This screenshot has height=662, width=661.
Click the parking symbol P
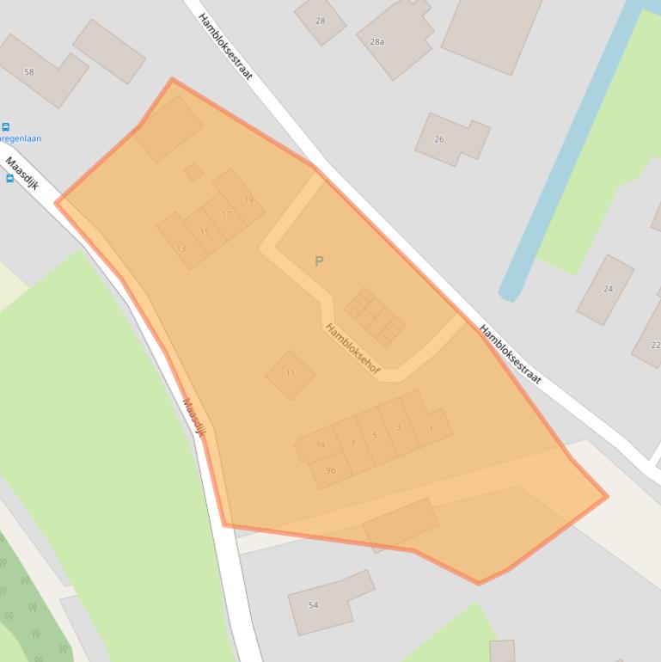coord(319,261)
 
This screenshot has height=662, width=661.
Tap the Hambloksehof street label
coord(352,348)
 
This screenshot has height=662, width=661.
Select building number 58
coord(29,72)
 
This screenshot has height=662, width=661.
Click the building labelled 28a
coord(376,41)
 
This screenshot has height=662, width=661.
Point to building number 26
coord(439,139)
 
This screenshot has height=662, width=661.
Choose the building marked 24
coord(608,289)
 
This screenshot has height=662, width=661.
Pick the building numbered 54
coord(313,605)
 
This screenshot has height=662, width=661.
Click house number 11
coord(290,373)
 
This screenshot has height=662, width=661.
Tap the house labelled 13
coord(181,248)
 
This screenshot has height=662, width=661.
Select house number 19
coord(248,199)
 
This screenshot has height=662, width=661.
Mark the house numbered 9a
coord(320,444)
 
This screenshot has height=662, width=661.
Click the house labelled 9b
coord(331,470)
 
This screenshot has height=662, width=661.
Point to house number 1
coord(431,428)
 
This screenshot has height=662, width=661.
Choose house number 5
coord(375,435)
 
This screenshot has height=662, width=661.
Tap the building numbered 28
coord(321,21)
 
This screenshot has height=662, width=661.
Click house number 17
coord(226,214)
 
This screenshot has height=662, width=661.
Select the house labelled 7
coord(352,444)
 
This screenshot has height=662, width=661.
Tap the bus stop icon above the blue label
coord(6,127)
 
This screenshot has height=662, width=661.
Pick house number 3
coord(398,427)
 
